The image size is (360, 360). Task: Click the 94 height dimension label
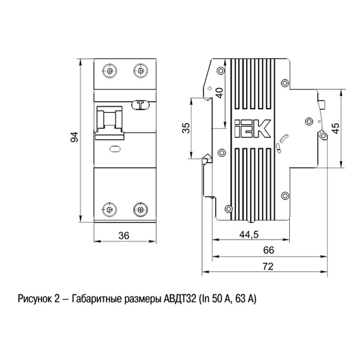point(74,137)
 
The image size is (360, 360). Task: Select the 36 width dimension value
point(124,236)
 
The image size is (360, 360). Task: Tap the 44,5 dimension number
point(249,235)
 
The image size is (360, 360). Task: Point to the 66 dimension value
point(269,250)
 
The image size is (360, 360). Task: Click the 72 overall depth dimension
point(268,266)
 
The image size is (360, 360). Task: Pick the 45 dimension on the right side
point(335,128)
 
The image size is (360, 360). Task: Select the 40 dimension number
point(220,93)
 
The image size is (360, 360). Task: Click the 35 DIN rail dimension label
point(186,128)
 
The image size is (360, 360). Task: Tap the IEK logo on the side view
point(252,128)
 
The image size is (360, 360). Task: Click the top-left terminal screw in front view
point(109,71)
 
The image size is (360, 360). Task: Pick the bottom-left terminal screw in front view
point(109,209)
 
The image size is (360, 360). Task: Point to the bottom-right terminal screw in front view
point(140,209)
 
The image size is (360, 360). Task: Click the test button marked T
point(140,106)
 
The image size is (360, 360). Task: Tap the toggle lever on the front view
point(110,123)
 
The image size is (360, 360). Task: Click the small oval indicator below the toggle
point(115,149)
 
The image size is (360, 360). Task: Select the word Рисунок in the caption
point(35,299)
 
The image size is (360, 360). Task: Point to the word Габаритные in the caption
point(97,299)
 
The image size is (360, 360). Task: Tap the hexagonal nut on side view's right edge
point(323,135)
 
